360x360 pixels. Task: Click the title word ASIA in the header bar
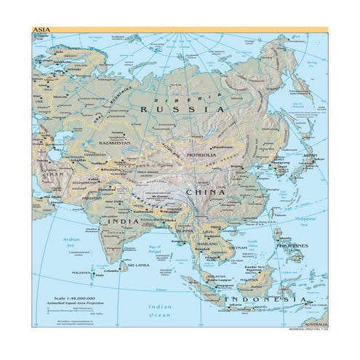pos(41,30)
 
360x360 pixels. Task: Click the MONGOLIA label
pos(201,155)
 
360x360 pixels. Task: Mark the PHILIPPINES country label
pos(292,245)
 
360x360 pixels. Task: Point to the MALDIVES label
pos(82,273)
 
